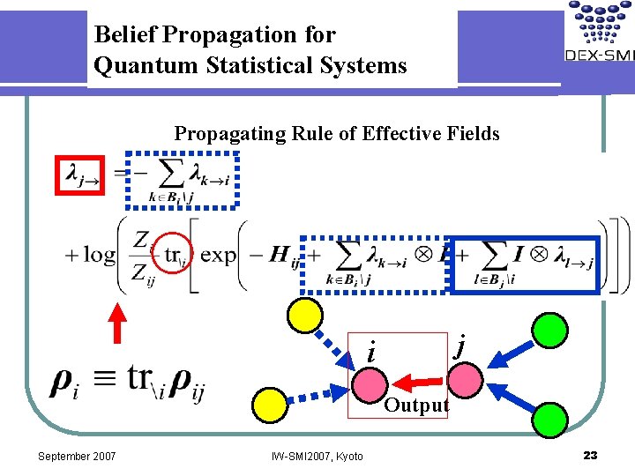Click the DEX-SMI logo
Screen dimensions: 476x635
coord(599,35)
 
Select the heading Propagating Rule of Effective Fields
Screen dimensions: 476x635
coord(336,134)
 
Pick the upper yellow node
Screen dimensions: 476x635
coord(306,315)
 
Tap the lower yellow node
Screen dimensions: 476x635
coord(269,404)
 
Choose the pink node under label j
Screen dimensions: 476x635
coord(466,381)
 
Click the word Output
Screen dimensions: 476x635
coord(416,406)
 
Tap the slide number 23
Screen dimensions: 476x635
coord(590,455)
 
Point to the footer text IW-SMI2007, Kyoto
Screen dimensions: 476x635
coord(317,456)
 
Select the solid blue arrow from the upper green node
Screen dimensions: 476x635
coord(511,353)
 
